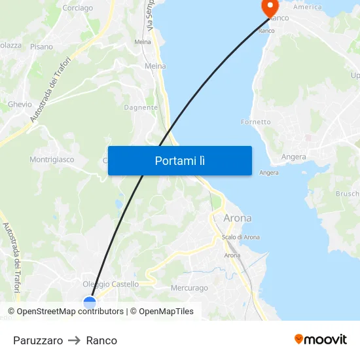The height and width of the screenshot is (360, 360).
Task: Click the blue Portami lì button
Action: tap(179, 160)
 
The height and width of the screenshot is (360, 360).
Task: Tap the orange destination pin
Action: tap(269, 7)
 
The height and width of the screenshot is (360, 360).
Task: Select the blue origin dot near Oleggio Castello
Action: tap(90, 302)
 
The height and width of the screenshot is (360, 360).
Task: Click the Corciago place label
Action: tap(77, 9)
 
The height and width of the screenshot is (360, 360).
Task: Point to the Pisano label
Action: tap(41, 46)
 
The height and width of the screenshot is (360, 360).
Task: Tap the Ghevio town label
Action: tap(20, 104)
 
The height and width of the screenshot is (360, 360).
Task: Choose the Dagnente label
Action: tap(141, 107)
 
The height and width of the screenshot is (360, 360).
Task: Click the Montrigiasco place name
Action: tap(52, 159)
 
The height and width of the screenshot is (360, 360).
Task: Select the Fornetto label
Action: tap(255, 122)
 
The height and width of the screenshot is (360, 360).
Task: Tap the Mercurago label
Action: tap(189, 288)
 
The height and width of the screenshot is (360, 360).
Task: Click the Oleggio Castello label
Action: tap(111, 284)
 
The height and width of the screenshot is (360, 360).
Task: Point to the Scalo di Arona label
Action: tap(240, 237)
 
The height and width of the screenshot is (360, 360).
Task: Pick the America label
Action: tap(308, 7)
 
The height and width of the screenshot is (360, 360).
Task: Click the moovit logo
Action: tap(321, 339)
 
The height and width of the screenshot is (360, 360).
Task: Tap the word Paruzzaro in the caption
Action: tap(38, 340)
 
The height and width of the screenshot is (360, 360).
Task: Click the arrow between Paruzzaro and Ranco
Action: tap(74, 340)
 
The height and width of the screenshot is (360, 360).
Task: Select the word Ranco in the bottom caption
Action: tap(101, 340)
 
